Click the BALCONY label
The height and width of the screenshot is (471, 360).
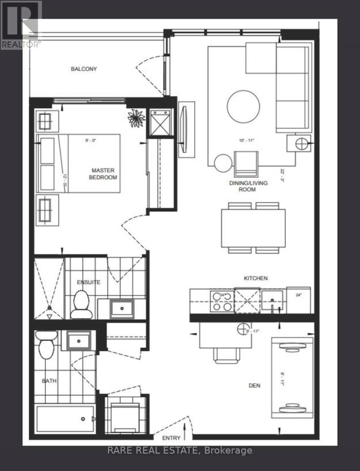pyautogui.click(x=84, y=69)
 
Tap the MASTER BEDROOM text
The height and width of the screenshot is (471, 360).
pyautogui.click(x=104, y=174)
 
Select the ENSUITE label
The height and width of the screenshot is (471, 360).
pyautogui.click(x=89, y=282)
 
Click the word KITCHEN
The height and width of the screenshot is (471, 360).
pyautogui.click(x=256, y=278)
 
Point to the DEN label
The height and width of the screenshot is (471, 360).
pyautogui.click(x=254, y=386)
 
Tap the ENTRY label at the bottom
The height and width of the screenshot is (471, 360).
pyautogui.click(x=171, y=438)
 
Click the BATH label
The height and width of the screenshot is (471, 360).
pyautogui.click(x=49, y=381)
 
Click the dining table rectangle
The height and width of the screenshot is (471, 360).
pyautogui.click(x=253, y=228)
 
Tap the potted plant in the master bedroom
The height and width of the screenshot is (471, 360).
pyautogui.click(x=136, y=117)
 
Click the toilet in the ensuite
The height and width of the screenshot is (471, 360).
pyautogui.click(x=82, y=305)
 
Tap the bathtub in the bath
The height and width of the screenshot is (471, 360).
pyautogui.click(x=65, y=419)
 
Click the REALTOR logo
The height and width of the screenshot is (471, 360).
pyautogui.click(x=21, y=25)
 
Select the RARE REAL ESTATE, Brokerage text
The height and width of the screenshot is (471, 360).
pyautogui.click(x=180, y=451)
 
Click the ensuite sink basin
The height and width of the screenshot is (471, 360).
pyautogui.click(x=122, y=309)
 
